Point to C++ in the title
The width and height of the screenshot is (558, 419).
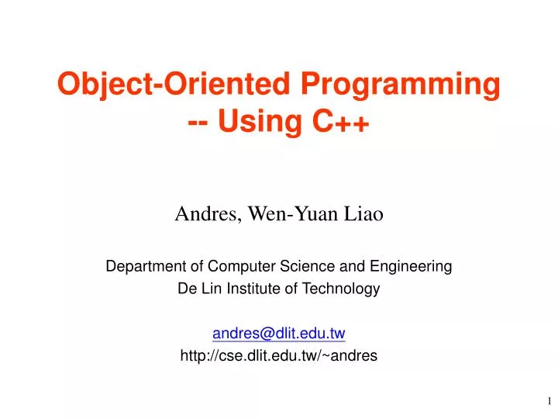(x=340, y=121)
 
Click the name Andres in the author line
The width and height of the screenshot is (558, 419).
(x=203, y=213)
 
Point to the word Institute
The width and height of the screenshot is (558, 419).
(x=247, y=289)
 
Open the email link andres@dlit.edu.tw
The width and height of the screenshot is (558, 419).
(x=278, y=334)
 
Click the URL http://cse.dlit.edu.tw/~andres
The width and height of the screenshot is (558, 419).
(x=278, y=356)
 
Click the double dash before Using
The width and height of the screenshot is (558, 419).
(x=198, y=121)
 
